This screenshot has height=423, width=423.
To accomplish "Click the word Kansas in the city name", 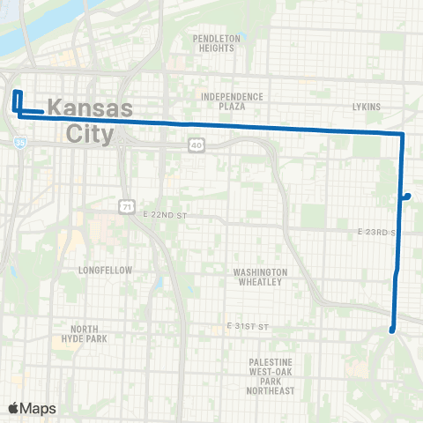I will pyautogui.click(x=89, y=108).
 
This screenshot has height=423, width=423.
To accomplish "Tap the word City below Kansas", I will pyautogui.click(x=90, y=135).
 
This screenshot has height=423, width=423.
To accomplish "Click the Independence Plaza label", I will pyautogui.click(x=232, y=100).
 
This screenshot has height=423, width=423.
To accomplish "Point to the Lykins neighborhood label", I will pyautogui.click(x=366, y=107).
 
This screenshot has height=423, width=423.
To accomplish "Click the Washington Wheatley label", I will pyautogui.click(x=259, y=277).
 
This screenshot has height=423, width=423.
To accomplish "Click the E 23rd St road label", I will pyautogui.click(x=379, y=232).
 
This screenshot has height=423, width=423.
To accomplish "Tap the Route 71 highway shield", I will pyautogui.click(x=127, y=205).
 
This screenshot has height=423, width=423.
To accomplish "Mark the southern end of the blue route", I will pyautogui.click(x=392, y=330).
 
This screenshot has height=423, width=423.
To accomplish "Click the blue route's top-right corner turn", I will pyautogui.click(x=403, y=134).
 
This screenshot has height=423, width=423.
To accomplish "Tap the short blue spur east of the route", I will pyautogui.click(x=406, y=196).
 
